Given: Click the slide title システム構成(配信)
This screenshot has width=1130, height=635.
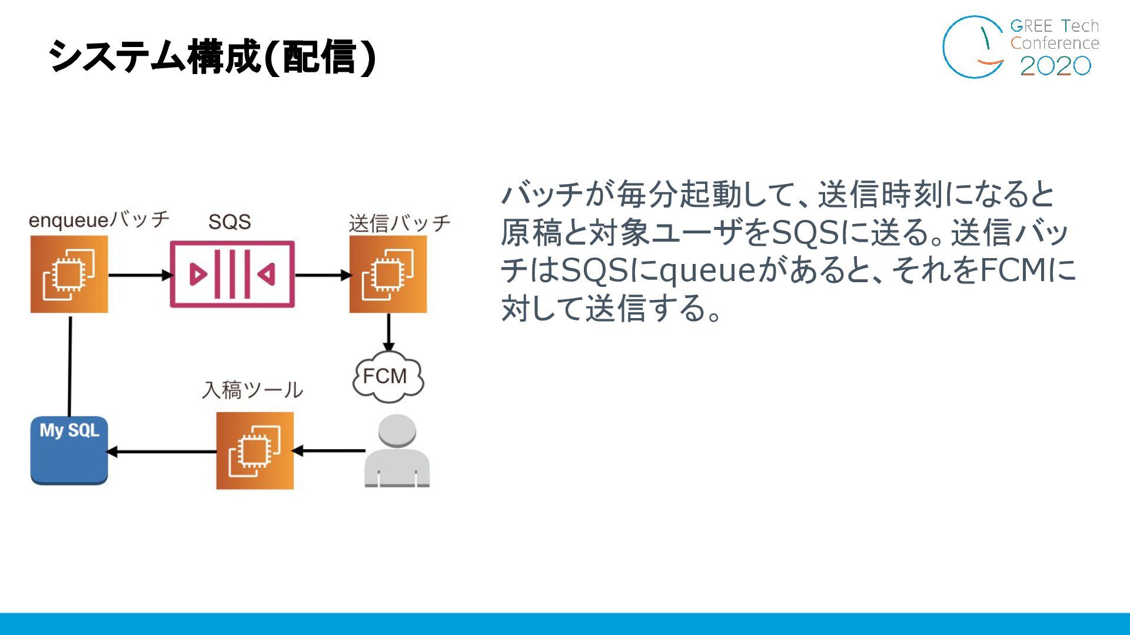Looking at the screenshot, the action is tap(212, 57).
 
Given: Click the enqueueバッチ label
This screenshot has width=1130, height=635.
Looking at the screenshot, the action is tap(99, 220).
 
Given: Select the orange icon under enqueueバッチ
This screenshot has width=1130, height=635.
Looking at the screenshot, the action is tap(69, 275).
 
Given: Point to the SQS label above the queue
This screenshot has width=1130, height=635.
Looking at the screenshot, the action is tap(230, 222).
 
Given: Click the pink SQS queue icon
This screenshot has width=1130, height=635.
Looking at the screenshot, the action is tap(232, 274).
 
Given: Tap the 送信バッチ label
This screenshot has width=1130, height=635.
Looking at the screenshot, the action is tap(400, 223).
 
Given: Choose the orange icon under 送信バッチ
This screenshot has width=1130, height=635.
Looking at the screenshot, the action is tap(388, 275).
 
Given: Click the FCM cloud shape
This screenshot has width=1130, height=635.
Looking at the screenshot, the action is tap(387, 376).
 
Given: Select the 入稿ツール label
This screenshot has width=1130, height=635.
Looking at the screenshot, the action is tap(252, 390).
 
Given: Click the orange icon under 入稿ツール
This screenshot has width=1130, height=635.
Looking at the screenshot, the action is tap(255, 450).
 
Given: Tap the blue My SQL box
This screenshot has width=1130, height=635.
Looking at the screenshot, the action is tap(69, 450).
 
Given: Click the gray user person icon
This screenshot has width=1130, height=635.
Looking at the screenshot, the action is tap(397, 452).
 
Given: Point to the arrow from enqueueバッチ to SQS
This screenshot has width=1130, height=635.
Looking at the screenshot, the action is tap(139, 275).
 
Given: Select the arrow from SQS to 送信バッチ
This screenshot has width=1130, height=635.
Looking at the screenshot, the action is tap(322, 275).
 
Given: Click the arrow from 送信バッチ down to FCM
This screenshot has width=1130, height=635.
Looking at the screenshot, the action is tap(388, 333).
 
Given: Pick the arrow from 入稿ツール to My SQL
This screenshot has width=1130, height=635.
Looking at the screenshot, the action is tap(162, 452).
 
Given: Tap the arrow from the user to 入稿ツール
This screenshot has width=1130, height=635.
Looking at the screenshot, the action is tap(329, 451).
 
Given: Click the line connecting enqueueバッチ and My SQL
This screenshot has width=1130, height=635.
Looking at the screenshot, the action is tap(70, 366).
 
